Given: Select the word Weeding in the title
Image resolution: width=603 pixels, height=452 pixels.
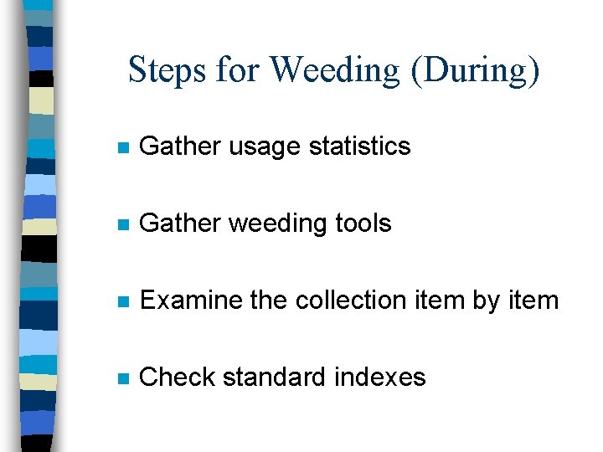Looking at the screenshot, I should point(336,70).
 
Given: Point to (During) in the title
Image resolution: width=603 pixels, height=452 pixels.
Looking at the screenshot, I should point(475,70).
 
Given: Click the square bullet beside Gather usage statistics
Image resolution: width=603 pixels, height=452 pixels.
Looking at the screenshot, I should point(122,148).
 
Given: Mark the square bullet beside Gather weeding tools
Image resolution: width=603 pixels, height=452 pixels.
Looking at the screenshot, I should point(122,225).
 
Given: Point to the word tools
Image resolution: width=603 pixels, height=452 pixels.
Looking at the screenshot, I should point(363,223).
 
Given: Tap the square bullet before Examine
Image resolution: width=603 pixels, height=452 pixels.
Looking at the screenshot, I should point(122,302).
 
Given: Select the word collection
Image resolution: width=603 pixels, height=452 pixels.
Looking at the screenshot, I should point(360,300).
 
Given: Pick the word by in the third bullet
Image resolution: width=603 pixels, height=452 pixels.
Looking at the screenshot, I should point(486,301).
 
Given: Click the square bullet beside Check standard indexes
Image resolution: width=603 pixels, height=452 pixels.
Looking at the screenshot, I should point(122,379).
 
